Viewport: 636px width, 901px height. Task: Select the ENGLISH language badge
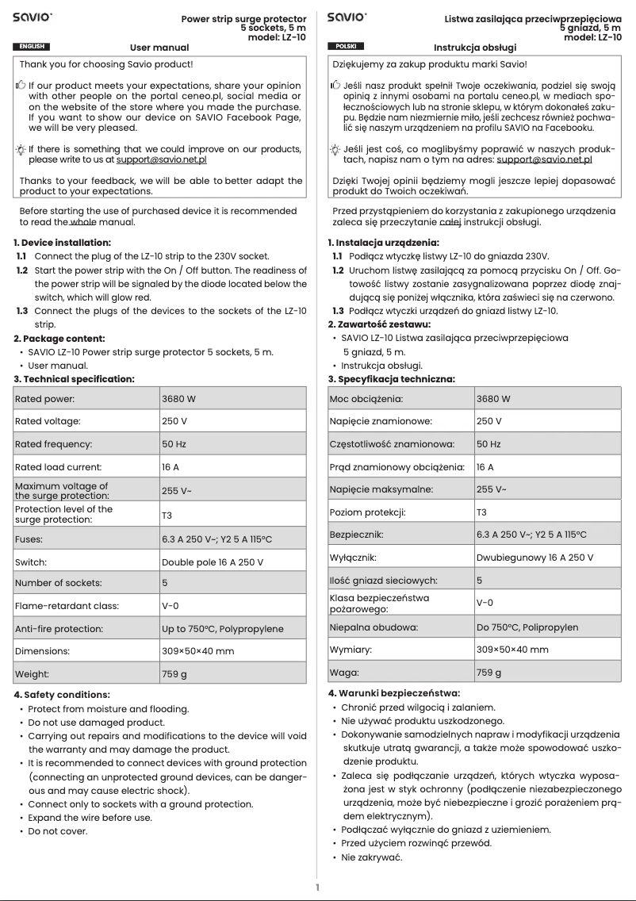[x=32, y=47]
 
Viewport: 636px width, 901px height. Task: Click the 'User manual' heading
[x=159, y=48]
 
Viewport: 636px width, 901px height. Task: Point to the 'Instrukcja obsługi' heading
[x=474, y=48]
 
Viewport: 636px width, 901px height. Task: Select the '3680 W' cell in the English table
[x=178, y=399]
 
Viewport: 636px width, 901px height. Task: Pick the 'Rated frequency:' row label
[x=53, y=444]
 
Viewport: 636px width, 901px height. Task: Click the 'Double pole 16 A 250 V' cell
[x=213, y=562]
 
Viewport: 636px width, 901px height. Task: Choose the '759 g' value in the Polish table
[x=488, y=673]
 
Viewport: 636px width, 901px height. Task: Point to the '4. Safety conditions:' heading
[x=63, y=695]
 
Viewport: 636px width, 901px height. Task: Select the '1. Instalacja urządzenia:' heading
[x=383, y=242]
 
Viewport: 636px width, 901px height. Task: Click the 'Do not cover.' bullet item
[x=57, y=831]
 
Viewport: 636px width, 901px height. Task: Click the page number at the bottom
[x=317, y=888]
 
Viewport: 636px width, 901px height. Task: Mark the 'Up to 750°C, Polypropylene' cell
[x=222, y=629]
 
